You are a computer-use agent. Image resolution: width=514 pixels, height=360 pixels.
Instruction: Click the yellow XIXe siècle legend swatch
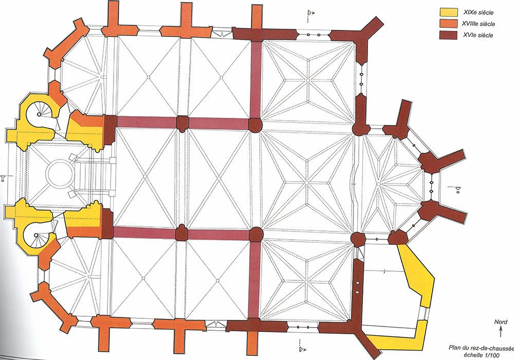tap(448, 12)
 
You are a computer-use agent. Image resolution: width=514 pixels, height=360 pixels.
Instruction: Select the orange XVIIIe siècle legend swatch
tap(448, 23)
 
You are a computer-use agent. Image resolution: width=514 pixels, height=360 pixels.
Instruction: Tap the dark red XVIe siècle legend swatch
tap(448, 35)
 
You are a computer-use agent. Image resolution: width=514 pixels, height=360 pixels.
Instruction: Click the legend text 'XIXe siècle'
tap(478, 12)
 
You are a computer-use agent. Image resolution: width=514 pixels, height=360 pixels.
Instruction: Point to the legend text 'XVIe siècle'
tap(478, 35)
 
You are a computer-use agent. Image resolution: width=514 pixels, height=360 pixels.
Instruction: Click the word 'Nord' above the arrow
tap(501, 322)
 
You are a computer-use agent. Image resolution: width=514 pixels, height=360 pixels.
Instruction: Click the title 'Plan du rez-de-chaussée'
tap(481, 348)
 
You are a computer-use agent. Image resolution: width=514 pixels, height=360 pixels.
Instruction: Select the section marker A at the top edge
tap(310, 14)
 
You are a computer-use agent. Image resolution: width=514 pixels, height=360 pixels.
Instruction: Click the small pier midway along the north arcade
tap(182, 123)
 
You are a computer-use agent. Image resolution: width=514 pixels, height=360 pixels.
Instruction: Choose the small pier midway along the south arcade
tap(181, 233)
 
